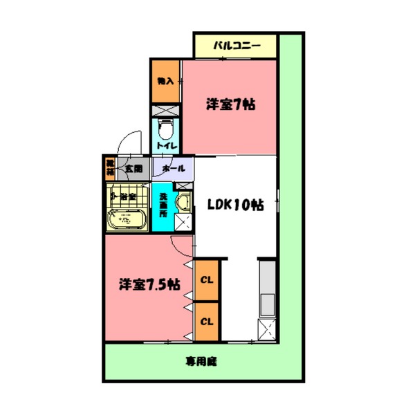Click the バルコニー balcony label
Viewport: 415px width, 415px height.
click(236, 46)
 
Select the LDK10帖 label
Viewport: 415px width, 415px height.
click(235, 205)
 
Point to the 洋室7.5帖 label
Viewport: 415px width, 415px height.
click(149, 284)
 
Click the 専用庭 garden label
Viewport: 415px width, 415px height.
click(201, 361)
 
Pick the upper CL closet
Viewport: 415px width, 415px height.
click(206, 280)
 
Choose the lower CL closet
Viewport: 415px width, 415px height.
click(206, 322)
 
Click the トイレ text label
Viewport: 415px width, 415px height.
click(166, 147)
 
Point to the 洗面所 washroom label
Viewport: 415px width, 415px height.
click(163, 205)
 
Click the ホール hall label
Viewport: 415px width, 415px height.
click(172, 168)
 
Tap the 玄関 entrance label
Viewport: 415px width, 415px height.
click(133, 168)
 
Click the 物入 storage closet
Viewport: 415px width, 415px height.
click(165, 81)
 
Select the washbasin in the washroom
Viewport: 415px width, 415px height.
click(183, 203)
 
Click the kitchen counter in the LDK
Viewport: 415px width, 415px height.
click(267, 290)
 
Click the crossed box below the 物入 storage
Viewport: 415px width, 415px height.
click(165, 109)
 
